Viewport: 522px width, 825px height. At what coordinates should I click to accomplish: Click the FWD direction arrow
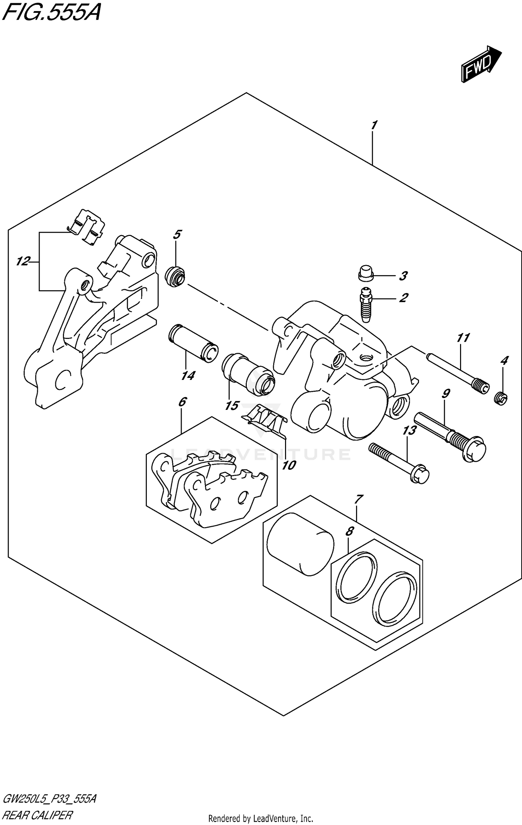tap(481, 64)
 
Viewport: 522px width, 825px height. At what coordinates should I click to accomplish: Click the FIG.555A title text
tap(52, 13)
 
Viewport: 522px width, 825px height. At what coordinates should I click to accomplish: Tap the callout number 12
tap(23, 261)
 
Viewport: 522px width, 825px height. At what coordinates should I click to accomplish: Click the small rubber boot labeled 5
tap(175, 276)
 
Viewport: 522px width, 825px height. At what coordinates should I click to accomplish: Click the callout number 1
tap(373, 125)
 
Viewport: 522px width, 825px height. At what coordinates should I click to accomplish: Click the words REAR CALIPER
tap(38, 814)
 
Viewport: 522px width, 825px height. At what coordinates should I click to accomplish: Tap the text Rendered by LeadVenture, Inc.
tap(261, 818)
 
